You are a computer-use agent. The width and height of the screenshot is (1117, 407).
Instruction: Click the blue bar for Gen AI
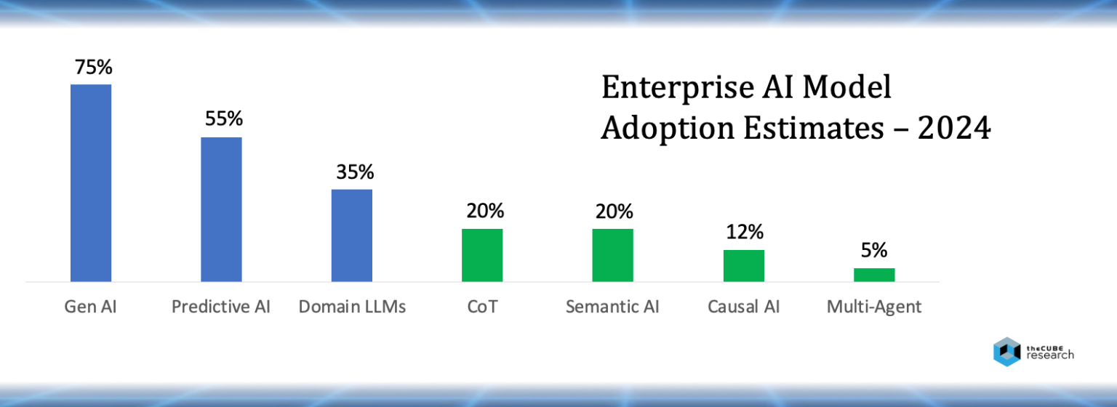91,182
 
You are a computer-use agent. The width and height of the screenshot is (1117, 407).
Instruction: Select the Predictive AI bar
221,209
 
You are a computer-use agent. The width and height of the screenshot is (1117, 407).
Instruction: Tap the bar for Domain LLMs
352,235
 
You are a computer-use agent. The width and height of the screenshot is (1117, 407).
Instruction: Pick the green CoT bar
482,255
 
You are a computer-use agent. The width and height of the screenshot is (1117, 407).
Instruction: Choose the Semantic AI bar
612,255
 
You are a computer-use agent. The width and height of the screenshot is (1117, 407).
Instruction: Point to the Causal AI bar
743,265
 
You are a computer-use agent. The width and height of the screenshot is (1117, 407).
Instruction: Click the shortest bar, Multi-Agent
874,275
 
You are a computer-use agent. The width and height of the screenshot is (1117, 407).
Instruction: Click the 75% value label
93,68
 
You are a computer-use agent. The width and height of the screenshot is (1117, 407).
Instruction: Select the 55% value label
223,119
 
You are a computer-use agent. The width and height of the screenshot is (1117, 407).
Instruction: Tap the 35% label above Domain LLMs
354,172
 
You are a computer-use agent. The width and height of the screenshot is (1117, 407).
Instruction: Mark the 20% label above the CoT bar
484,211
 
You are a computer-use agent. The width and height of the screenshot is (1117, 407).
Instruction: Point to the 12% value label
745,232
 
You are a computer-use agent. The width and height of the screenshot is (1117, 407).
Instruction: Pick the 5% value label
874,251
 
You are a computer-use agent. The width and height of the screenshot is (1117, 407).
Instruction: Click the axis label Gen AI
90,307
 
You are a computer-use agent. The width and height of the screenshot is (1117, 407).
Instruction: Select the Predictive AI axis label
221,307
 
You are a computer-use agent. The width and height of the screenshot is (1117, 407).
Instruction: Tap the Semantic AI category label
612,307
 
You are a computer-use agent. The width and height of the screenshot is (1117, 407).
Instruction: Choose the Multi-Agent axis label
874,307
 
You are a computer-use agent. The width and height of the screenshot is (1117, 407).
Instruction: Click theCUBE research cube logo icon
1007,352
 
